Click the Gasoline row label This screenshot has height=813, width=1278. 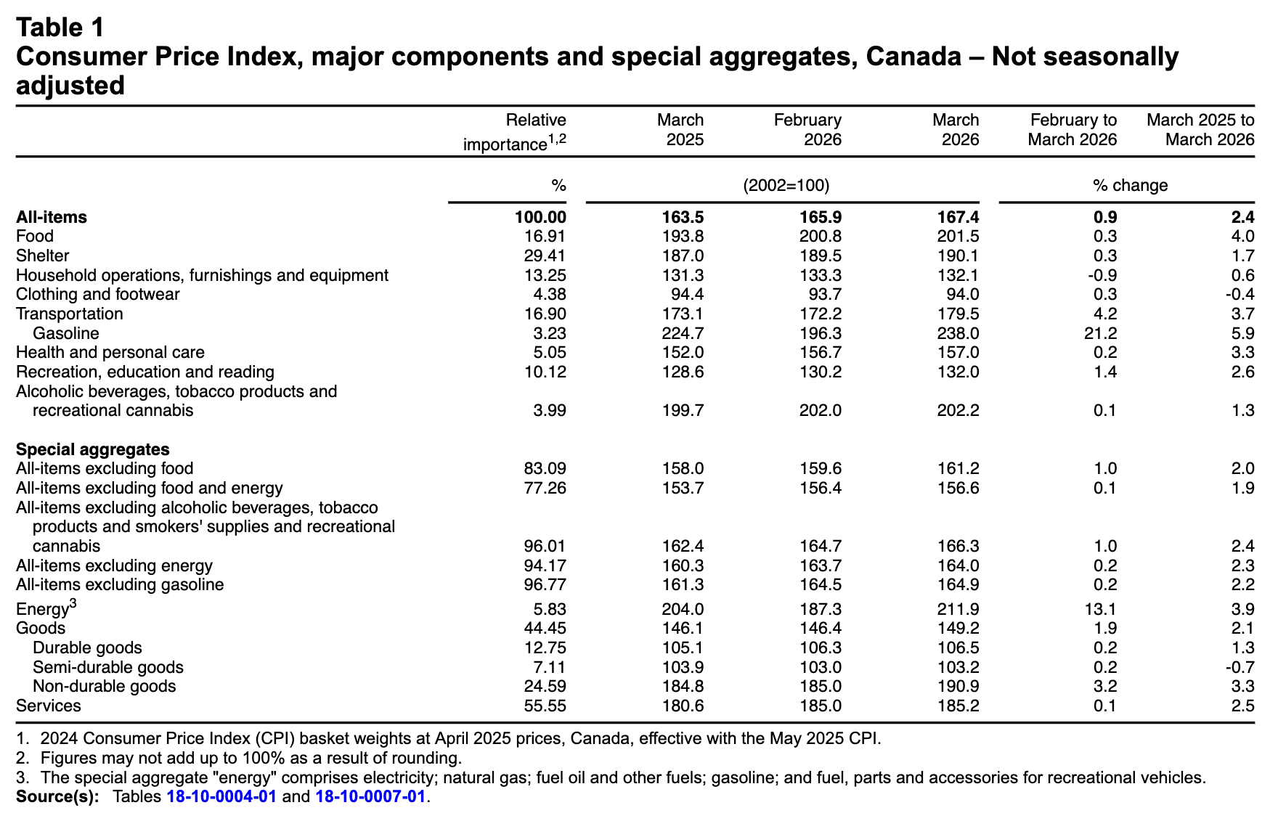tap(66, 333)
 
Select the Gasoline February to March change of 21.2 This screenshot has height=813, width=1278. tap(1101, 333)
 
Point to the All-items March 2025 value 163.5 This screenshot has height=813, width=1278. tap(683, 217)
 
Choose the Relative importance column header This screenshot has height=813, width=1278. tap(516, 131)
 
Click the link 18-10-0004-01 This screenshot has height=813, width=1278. tap(221, 796)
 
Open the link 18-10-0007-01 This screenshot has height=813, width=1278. tap(370, 796)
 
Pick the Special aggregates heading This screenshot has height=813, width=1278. tap(93, 449)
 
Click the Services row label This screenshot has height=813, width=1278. tap(49, 706)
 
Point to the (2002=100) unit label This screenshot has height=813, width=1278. tap(786, 185)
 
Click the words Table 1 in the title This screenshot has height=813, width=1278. tap(61, 28)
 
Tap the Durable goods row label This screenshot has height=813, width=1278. tap(88, 647)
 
